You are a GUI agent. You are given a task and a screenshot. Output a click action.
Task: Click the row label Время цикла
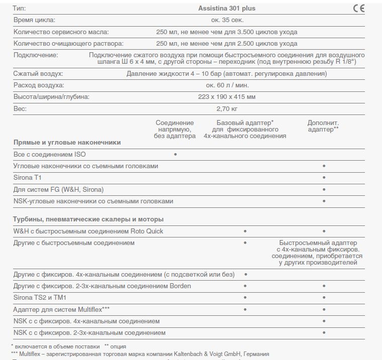coord(34,20)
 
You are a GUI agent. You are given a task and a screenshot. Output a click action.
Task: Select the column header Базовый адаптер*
coord(245,123)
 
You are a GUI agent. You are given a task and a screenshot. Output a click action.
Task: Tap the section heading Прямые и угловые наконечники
coord(67,143)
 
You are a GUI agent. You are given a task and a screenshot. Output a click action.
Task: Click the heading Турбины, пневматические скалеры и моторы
coord(88,219)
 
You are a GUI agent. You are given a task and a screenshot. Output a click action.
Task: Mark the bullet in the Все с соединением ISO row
coord(175,154)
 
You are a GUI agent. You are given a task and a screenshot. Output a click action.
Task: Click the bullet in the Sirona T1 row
coord(324,178)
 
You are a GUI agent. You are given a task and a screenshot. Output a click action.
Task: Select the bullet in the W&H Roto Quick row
coord(245,231)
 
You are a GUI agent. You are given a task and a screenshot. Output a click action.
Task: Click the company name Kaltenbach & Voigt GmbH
coord(198,354)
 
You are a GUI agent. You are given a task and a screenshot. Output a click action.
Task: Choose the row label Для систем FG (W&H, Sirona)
coord(58,189)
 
